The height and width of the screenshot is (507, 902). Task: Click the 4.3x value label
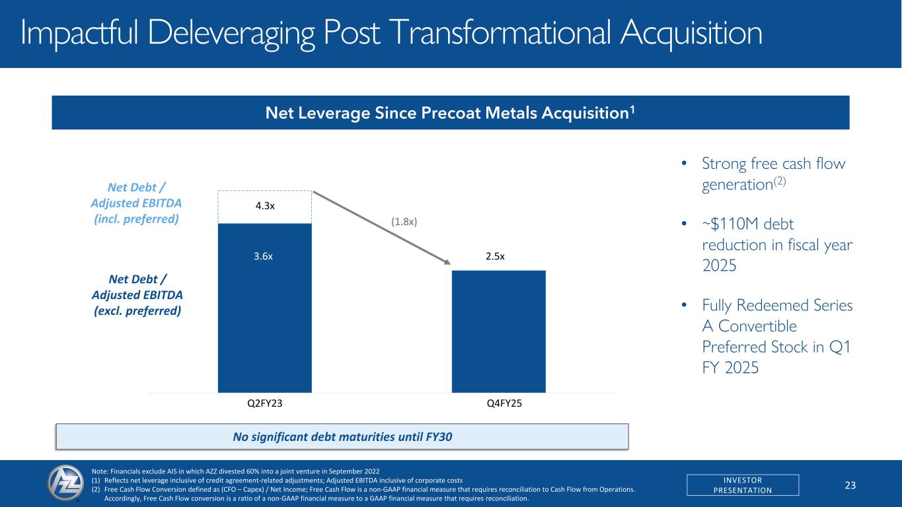(264, 205)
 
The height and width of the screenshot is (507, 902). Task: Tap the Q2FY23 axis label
(264, 404)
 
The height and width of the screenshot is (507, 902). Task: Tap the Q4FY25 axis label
(499, 404)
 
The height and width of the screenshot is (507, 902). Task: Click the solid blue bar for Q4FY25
(498, 331)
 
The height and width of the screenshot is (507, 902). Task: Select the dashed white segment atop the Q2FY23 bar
(264, 207)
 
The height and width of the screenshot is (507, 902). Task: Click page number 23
(850, 485)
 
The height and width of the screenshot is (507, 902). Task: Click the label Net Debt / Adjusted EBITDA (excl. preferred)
(135, 295)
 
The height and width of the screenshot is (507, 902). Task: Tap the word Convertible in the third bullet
(749, 326)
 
